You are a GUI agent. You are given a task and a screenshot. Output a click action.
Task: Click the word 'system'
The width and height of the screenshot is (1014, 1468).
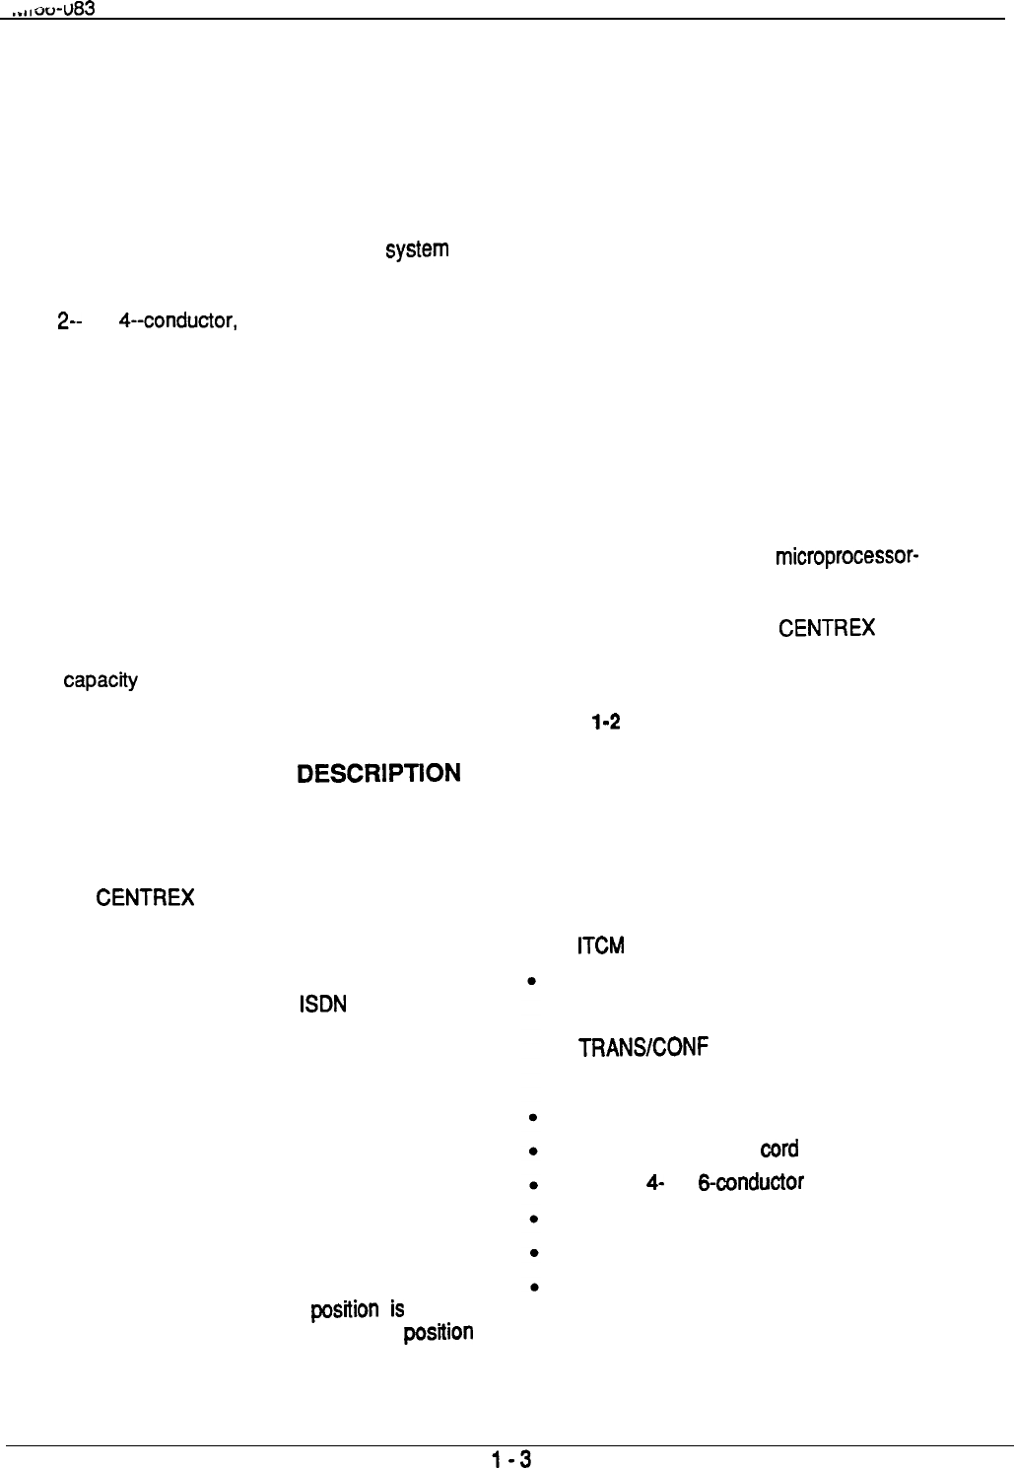pos(418,249)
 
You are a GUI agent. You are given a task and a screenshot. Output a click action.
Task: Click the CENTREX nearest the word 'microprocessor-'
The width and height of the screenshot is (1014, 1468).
pos(826,628)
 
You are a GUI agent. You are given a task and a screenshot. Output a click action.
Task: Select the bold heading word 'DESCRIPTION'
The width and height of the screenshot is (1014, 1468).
pos(378,772)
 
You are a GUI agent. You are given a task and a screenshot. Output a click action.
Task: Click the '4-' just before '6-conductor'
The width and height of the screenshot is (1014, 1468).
pos(652,1183)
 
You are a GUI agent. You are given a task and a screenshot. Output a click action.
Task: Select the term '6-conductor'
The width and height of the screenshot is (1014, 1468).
pos(750,1183)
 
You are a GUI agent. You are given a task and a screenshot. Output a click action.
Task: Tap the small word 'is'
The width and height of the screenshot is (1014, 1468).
pos(397,1309)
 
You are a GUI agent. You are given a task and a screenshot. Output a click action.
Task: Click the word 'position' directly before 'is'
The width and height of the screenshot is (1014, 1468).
pos(344,1310)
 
